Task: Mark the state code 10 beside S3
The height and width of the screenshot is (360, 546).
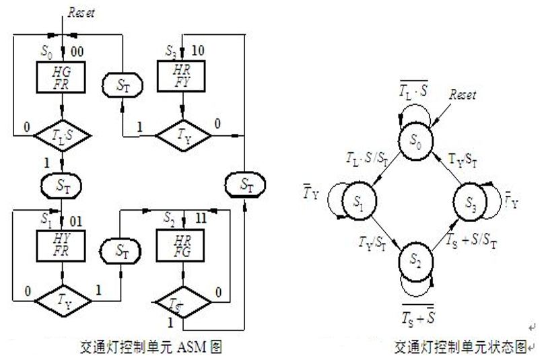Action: click(x=198, y=50)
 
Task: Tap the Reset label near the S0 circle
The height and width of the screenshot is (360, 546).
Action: click(x=463, y=94)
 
